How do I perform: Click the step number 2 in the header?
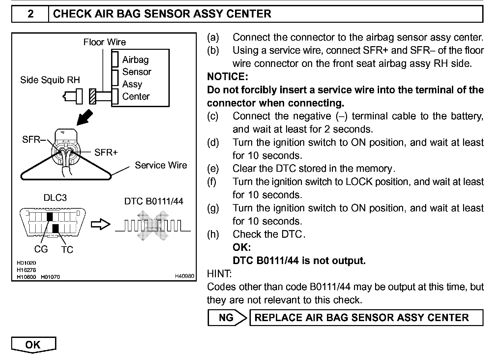click(x=30, y=14)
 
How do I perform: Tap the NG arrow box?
click(x=227, y=317)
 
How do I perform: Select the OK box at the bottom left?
click(x=33, y=345)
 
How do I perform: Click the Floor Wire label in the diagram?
click(x=104, y=42)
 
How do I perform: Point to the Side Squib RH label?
click(x=50, y=80)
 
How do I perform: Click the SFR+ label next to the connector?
click(x=106, y=152)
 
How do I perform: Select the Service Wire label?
click(x=161, y=165)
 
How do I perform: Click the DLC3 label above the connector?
click(x=55, y=197)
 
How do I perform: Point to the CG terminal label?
click(x=41, y=249)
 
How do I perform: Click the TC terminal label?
click(x=67, y=250)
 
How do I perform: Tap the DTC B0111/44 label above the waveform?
click(x=154, y=201)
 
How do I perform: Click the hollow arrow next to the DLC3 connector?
click(x=100, y=225)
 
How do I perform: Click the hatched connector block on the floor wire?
click(x=93, y=96)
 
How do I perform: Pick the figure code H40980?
click(x=184, y=276)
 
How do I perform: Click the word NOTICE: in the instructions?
click(x=227, y=76)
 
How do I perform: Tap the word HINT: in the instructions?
click(x=219, y=274)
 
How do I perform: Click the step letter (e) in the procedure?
click(x=213, y=168)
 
